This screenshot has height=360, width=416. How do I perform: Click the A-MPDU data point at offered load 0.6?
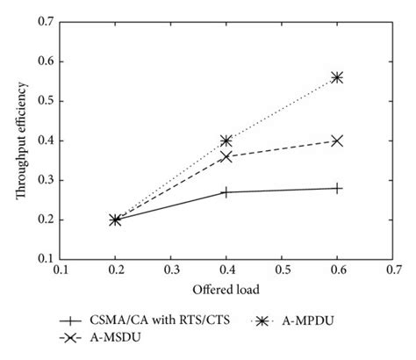(338, 77)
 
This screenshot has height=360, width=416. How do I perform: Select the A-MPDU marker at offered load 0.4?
(226, 140)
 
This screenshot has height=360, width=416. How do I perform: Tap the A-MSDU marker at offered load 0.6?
(338, 140)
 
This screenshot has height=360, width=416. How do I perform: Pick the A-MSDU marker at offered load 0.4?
(226, 156)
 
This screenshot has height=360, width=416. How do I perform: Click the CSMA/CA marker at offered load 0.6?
(338, 188)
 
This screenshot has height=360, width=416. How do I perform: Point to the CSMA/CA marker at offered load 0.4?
(226, 191)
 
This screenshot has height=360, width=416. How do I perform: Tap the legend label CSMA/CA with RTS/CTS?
(148, 322)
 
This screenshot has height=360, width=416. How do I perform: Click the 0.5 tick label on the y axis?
(43, 101)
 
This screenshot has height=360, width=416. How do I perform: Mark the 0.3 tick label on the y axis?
(43, 180)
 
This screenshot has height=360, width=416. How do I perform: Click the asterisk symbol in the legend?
(265, 322)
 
